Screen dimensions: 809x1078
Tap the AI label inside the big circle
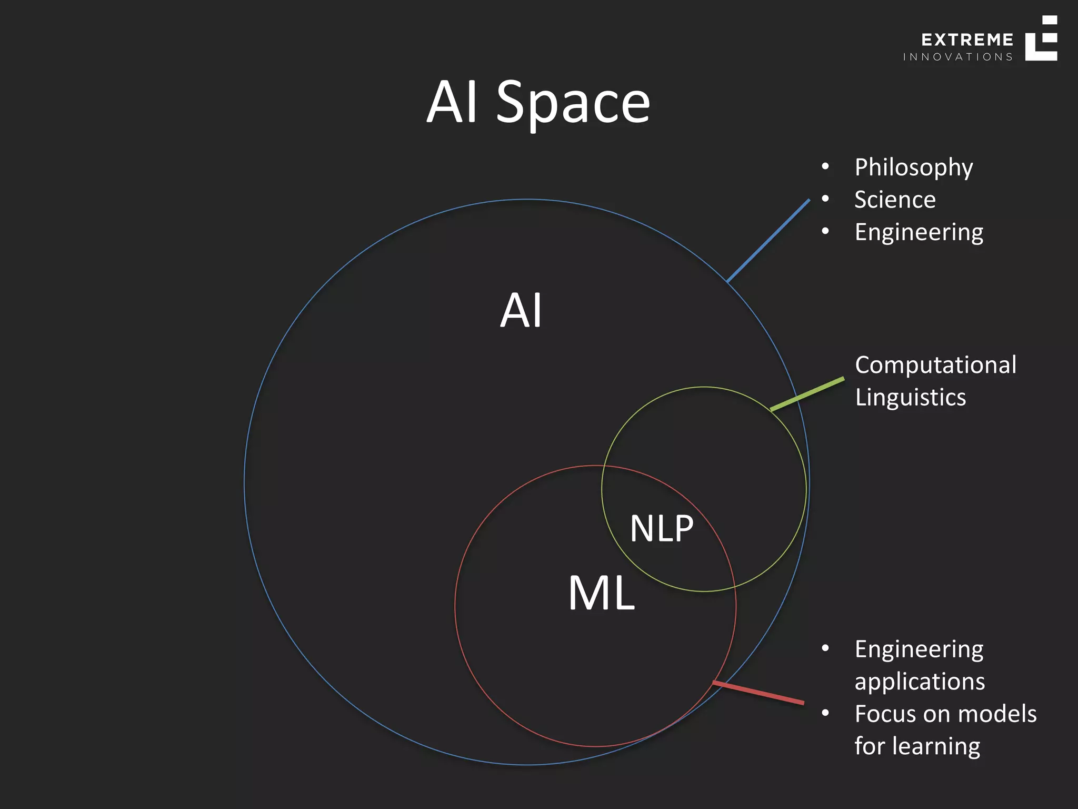[521, 311]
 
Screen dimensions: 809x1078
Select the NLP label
[662, 528]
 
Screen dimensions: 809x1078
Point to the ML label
[601, 593]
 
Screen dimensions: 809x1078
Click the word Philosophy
[913, 168]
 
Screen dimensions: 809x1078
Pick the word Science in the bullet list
[895, 200]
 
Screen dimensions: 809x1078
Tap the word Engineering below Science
[919, 232]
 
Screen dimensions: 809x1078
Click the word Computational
[935, 365]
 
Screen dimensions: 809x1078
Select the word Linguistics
[910, 397]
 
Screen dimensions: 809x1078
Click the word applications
[920, 682]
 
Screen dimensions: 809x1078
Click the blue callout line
[768, 240]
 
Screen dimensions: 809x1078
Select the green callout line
[807, 393]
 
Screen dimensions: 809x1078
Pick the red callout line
[758, 692]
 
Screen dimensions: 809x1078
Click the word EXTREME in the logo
[967, 40]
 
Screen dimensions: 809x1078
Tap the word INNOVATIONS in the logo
[957, 57]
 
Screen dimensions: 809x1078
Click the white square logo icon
[1041, 38]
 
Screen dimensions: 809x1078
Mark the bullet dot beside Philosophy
[825, 167]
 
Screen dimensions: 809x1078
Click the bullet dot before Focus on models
[825, 713]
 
